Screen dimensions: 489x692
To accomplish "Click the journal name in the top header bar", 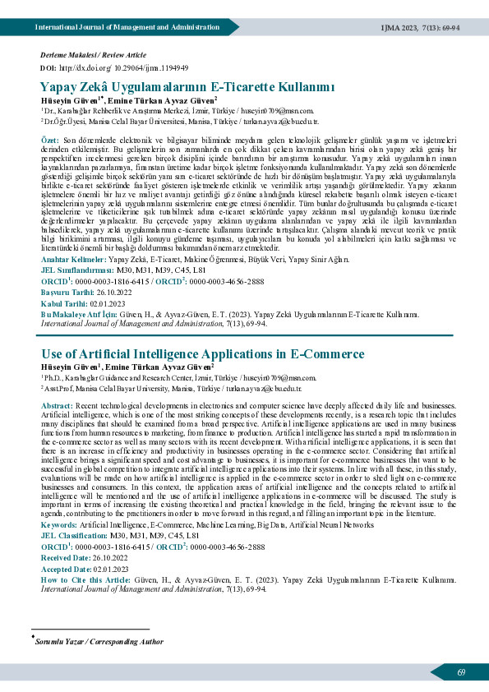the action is (127, 27).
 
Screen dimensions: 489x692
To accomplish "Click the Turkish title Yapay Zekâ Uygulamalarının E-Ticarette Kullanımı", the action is (187, 85).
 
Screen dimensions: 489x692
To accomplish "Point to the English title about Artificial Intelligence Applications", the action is (202, 354).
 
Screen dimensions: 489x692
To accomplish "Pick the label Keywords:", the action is (58, 524).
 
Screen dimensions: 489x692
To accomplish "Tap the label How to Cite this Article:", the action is (85, 579).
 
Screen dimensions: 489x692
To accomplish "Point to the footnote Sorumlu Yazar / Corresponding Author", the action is (99, 641).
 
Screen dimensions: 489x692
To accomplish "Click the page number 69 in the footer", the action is (462, 672).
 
